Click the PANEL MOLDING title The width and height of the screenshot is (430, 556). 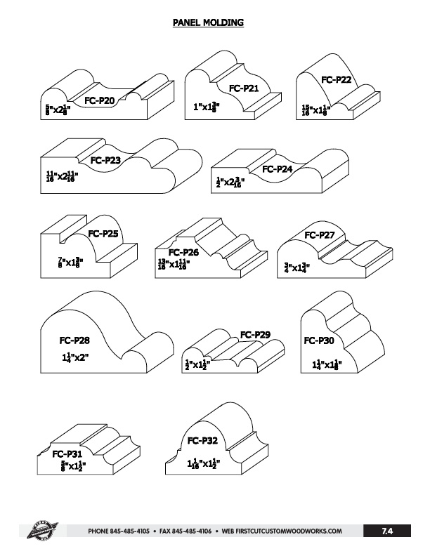click(208, 22)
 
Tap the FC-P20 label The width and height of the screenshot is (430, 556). click(100, 101)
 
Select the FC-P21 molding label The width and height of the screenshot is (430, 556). click(245, 88)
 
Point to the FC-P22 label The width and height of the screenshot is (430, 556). click(336, 80)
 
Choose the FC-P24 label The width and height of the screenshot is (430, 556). click(278, 169)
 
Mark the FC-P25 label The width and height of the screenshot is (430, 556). click(103, 233)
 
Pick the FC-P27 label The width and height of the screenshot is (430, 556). click(319, 234)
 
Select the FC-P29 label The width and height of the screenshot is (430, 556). click(256, 334)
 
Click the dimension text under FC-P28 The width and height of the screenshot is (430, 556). click(74, 357)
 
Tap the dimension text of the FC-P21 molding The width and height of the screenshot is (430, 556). click(207, 107)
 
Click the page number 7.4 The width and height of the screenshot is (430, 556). click(386, 531)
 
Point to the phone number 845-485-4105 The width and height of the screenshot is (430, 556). click(129, 531)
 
